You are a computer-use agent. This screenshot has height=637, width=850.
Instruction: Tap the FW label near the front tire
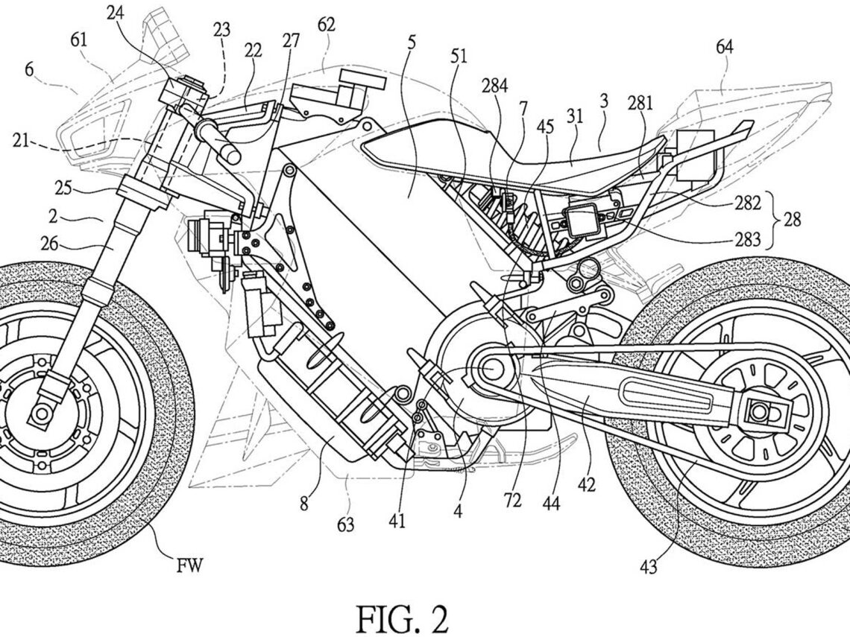tap(189, 569)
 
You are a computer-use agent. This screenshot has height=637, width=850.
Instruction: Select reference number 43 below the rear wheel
tap(647, 568)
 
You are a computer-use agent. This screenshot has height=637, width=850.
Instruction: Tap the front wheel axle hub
tap(39, 408)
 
